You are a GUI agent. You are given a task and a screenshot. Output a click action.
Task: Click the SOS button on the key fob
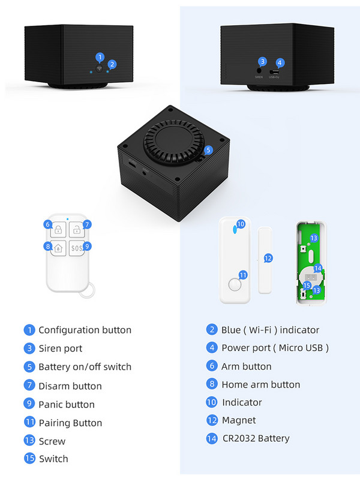click(77, 247)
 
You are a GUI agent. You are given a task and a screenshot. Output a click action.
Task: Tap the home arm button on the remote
click(58, 247)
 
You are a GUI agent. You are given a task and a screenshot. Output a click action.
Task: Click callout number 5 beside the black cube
click(208, 150)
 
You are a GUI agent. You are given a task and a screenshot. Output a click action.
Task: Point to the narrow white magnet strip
click(265, 260)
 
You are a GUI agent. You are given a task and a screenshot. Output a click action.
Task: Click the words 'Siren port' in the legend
click(61, 348)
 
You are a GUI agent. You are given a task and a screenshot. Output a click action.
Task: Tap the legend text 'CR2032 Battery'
click(256, 439)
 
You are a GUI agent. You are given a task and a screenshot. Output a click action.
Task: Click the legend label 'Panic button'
click(67, 404)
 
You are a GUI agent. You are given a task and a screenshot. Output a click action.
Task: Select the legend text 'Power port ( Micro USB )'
click(275, 347)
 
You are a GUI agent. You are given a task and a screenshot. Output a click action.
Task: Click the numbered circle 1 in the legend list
click(29, 330)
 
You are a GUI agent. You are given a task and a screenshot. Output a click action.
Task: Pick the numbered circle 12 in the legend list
click(211, 420)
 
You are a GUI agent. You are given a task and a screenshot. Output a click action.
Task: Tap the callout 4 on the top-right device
click(280, 62)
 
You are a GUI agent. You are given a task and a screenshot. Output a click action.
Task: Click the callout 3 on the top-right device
click(262, 61)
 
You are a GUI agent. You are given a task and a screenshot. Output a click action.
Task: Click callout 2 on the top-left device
click(112, 64)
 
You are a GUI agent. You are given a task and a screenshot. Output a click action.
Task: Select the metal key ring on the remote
click(89, 292)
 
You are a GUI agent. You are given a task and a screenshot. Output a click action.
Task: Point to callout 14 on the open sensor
click(317, 268)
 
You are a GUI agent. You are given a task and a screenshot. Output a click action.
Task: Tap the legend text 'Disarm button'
click(70, 386)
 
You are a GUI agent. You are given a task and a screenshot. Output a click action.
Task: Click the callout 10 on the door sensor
click(241, 224)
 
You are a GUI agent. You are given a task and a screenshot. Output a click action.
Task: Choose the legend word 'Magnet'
click(239, 420)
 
